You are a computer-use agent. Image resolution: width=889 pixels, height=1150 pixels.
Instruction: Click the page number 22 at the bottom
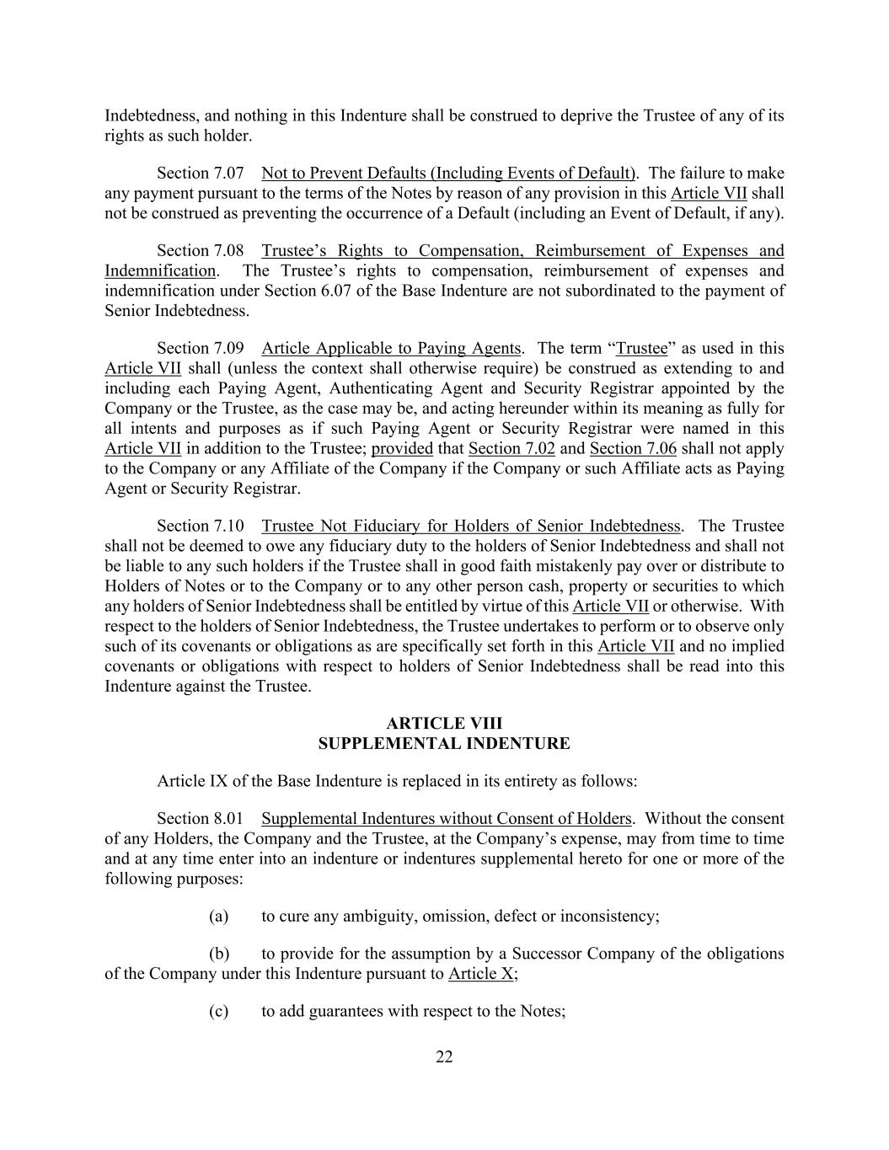pos(444,1057)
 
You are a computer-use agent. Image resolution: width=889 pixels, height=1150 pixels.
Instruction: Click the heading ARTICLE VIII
pos(444,724)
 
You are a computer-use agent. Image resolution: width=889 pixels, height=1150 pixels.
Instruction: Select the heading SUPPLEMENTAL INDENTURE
pos(444,744)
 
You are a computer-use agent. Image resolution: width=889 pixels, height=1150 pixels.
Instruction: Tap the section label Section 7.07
pos(201,174)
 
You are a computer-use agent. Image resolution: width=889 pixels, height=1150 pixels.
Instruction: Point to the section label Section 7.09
pos(201,349)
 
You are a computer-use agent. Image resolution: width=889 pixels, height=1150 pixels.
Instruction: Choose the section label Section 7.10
pos(201,527)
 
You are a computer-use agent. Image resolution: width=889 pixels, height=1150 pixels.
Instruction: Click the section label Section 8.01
pos(201,819)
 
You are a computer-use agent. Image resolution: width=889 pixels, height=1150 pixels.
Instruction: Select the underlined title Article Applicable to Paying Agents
pos(391,349)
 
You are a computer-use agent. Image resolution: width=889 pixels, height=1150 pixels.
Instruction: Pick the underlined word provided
pos(402,449)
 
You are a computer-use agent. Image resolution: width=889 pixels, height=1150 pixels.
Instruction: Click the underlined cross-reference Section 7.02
pos(511,449)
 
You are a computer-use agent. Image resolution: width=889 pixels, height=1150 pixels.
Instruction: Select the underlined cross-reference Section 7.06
pos(633,449)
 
